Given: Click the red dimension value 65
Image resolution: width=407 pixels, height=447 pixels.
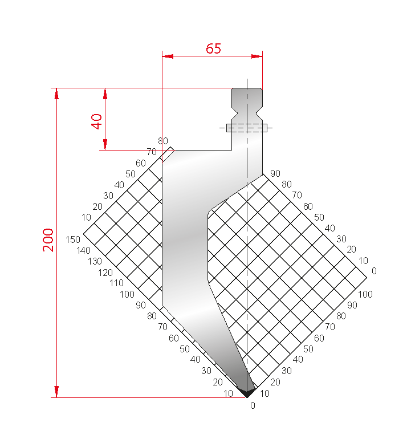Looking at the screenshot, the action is coord(213,48).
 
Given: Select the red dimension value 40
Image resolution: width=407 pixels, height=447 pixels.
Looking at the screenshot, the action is coord(97,121).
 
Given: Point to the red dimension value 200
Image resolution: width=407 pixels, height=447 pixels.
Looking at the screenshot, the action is coord(48,239).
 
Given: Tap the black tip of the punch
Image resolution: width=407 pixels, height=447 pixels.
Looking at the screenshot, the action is coord(247,393).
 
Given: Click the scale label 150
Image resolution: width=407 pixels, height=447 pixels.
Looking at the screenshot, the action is coord(73,239).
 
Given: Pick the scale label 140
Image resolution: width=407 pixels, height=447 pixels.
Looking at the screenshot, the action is coord(83,251).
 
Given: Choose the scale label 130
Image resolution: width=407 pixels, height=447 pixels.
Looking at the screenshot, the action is coord(95,261).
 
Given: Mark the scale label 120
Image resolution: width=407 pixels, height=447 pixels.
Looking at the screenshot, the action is coord(105,273).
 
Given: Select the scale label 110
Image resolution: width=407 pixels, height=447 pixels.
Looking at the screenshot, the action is coord(116,283).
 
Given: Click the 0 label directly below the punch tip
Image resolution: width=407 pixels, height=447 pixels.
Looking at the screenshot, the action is coord(253,405).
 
